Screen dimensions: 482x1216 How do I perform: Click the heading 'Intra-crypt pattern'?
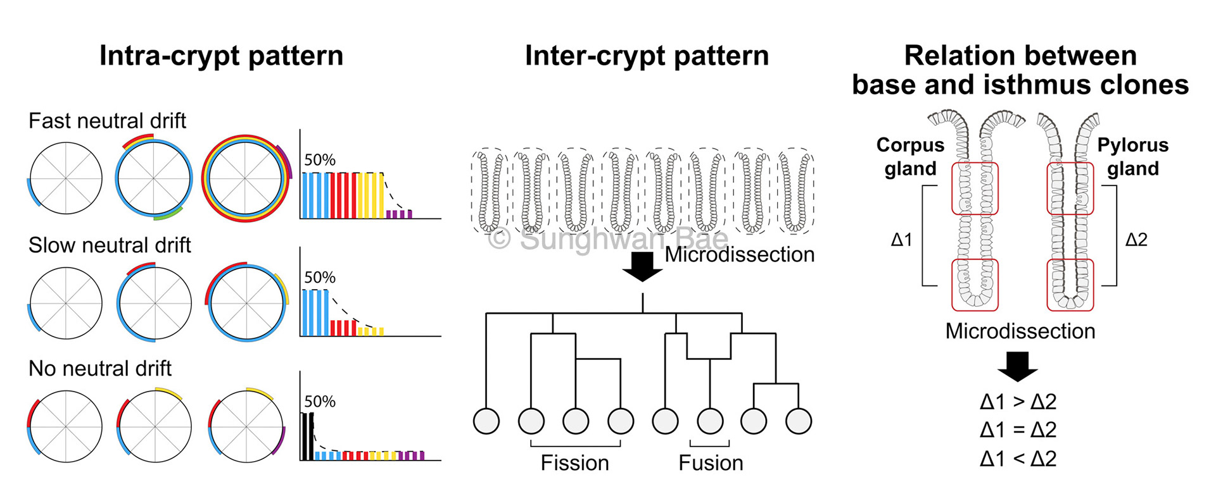[221, 56]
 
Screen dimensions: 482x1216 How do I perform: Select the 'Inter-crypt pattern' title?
[647, 56]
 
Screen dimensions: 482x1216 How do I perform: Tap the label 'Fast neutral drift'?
[107, 120]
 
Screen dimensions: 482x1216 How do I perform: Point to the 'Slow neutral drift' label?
[110, 245]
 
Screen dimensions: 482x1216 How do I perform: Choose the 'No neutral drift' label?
[100, 368]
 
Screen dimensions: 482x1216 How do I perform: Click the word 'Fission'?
[574, 463]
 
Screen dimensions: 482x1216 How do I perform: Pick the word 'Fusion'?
[711, 463]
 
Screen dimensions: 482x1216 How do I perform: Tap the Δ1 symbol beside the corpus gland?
[901, 240]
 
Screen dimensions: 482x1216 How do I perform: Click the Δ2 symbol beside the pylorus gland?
[1136, 240]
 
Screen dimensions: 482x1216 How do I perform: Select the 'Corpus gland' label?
[910, 157]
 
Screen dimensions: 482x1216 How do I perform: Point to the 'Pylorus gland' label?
[1132, 157]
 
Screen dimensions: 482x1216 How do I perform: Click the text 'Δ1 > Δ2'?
[1018, 402]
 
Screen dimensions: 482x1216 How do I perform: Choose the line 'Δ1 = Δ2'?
[1018, 430]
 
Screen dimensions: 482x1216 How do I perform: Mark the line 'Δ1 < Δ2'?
[1018, 459]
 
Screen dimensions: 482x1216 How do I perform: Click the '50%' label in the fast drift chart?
[320, 160]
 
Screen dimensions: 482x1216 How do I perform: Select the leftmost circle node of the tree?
[486, 421]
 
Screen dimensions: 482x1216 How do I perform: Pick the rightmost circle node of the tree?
[798, 421]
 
